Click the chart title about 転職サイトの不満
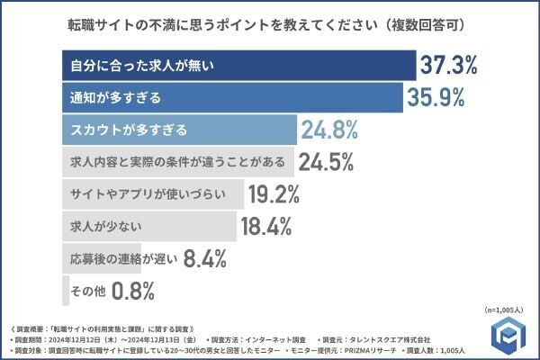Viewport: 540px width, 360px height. [x=269, y=21]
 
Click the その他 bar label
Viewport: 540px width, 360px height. [x=88, y=291]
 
